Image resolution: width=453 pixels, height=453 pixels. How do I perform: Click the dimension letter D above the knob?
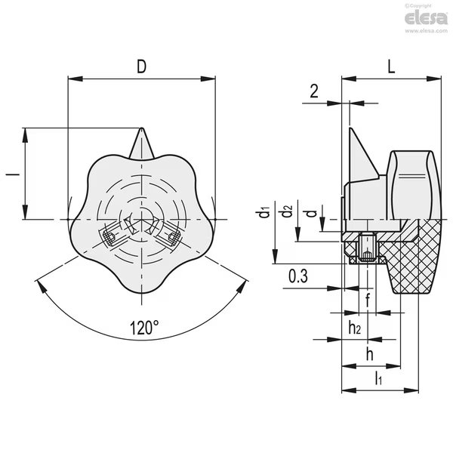coord(142,66)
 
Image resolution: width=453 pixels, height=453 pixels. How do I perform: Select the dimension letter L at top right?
coord(391,66)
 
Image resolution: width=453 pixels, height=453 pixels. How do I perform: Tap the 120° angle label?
coord(144,328)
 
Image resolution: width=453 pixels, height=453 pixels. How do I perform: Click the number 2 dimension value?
coord(314,91)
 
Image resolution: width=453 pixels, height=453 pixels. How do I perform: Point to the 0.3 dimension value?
coord(298,276)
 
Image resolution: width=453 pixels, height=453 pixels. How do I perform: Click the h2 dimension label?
coord(355,328)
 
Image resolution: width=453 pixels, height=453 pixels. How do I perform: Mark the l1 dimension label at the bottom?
coord(378,378)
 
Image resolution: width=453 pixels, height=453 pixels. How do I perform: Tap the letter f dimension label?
coord(368,300)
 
